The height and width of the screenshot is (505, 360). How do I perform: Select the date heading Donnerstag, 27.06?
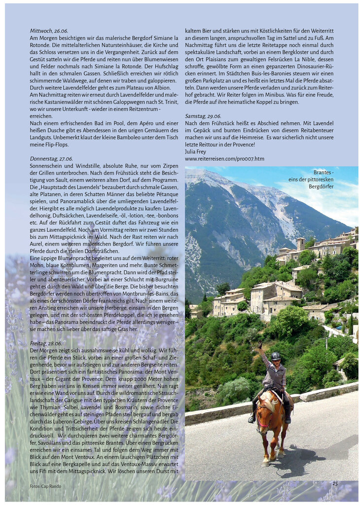coord(51,159)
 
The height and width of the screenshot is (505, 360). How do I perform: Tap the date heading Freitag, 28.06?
coord(46,343)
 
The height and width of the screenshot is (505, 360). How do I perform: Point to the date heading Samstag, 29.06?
coord(203,116)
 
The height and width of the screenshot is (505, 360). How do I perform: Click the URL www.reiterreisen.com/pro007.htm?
coord(224,159)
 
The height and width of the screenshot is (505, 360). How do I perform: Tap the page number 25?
coord(335,484)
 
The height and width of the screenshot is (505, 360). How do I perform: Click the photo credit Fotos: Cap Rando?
coord(45,486)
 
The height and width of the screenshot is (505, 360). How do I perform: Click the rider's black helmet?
coord(276,356)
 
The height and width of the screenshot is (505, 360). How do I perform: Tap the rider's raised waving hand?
coord(259,345)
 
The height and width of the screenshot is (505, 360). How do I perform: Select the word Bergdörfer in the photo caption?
coord(321,186)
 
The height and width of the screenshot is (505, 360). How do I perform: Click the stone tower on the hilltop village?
coord(300,244)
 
